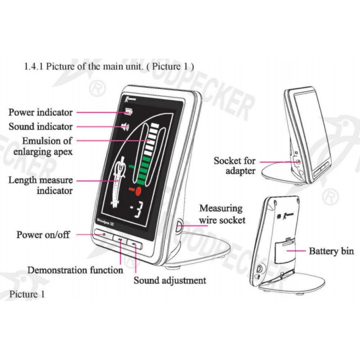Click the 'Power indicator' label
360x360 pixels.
coord(40,112)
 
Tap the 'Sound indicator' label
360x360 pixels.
coord(40,127)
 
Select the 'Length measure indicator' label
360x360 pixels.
coord(40,185)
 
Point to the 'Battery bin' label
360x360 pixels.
coord(331,251)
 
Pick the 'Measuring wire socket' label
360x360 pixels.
coord(222,214)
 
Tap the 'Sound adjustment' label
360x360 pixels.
coord(170,280)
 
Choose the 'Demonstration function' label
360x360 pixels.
coord(75,270)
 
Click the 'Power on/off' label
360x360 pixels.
coord(43,235)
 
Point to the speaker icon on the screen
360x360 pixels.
coord(126,126)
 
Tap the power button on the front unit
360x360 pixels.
coord(104,235)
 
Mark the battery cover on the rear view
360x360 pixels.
coord(283,251)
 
